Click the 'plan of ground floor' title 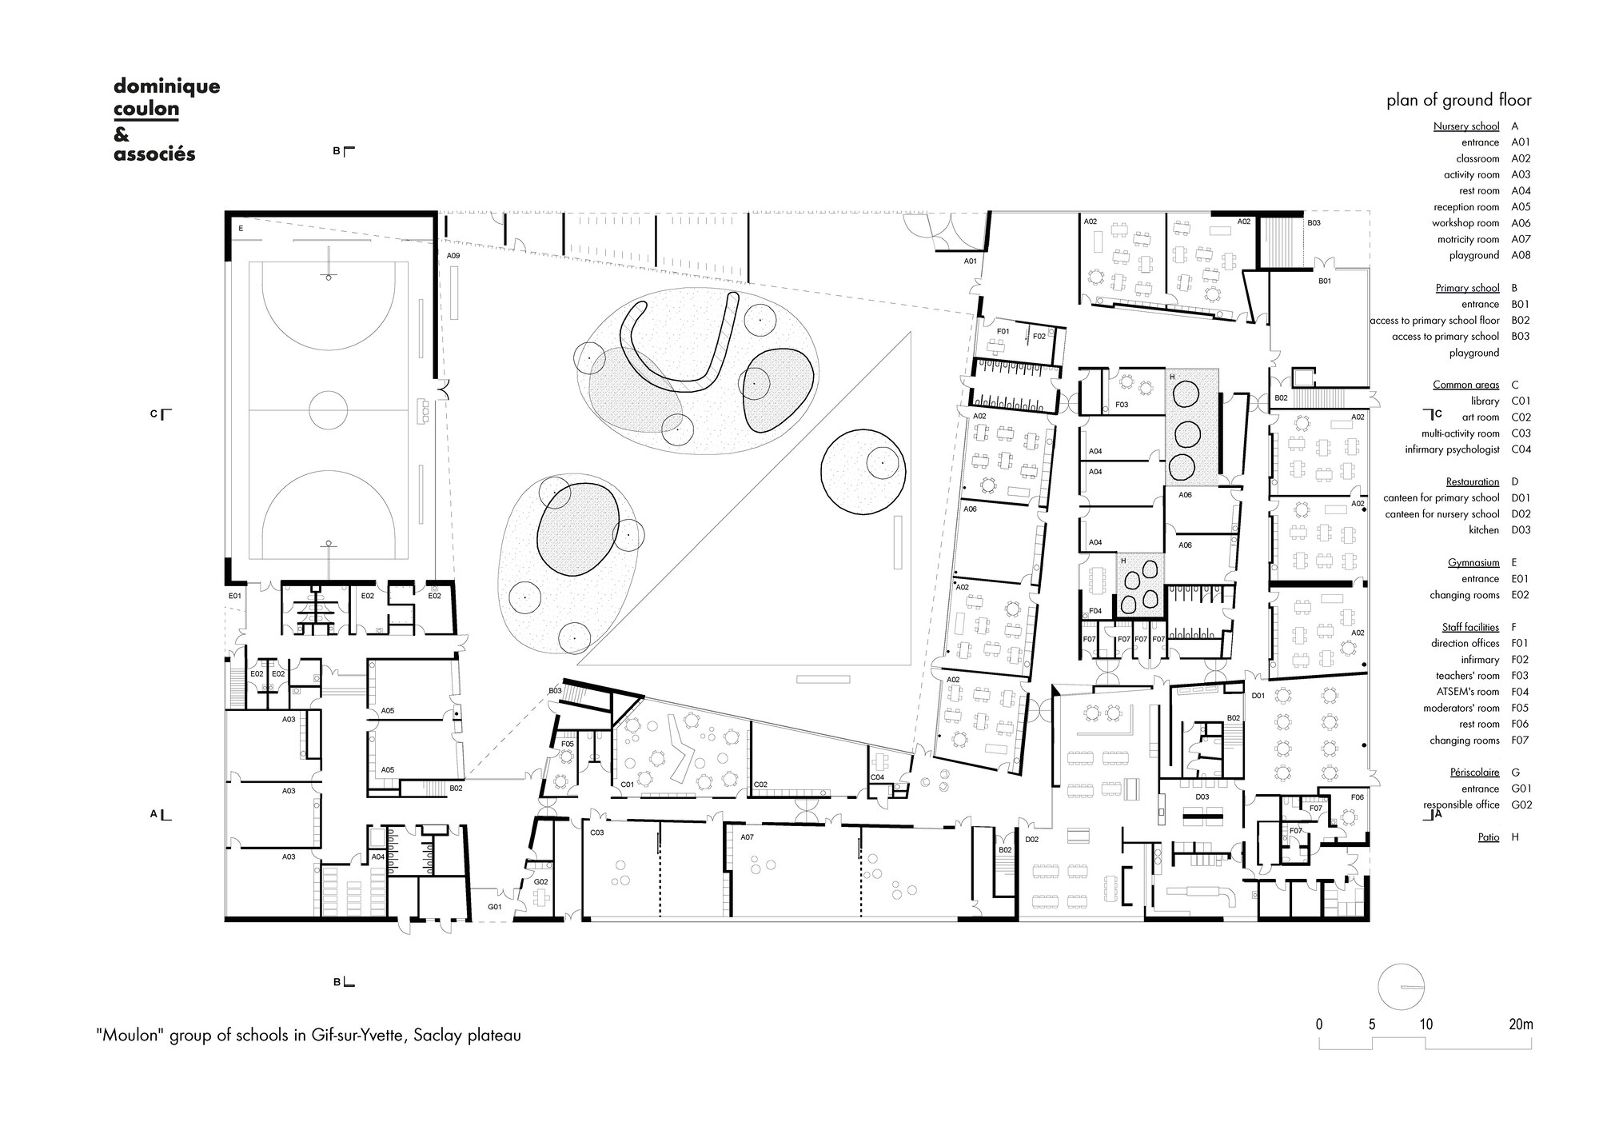[x=1458, y=100]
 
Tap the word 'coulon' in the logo [x=146, y=109]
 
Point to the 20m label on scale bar [x=1521, y=1024]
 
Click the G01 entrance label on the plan [x=495, y=907]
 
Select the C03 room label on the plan [x=596, y=833]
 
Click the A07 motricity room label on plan [x=747, y=837]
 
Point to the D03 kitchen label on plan [x=1202, y=797]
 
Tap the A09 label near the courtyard [x=453, y=256]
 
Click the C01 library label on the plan [x=627, y=785]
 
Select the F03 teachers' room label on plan [x=1121, y=405]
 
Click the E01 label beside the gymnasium [x=234, y=596]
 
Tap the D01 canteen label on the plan [x=1258, y=696]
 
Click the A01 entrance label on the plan [x=970, y=261]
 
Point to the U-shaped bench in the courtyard [x=684, y=348]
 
